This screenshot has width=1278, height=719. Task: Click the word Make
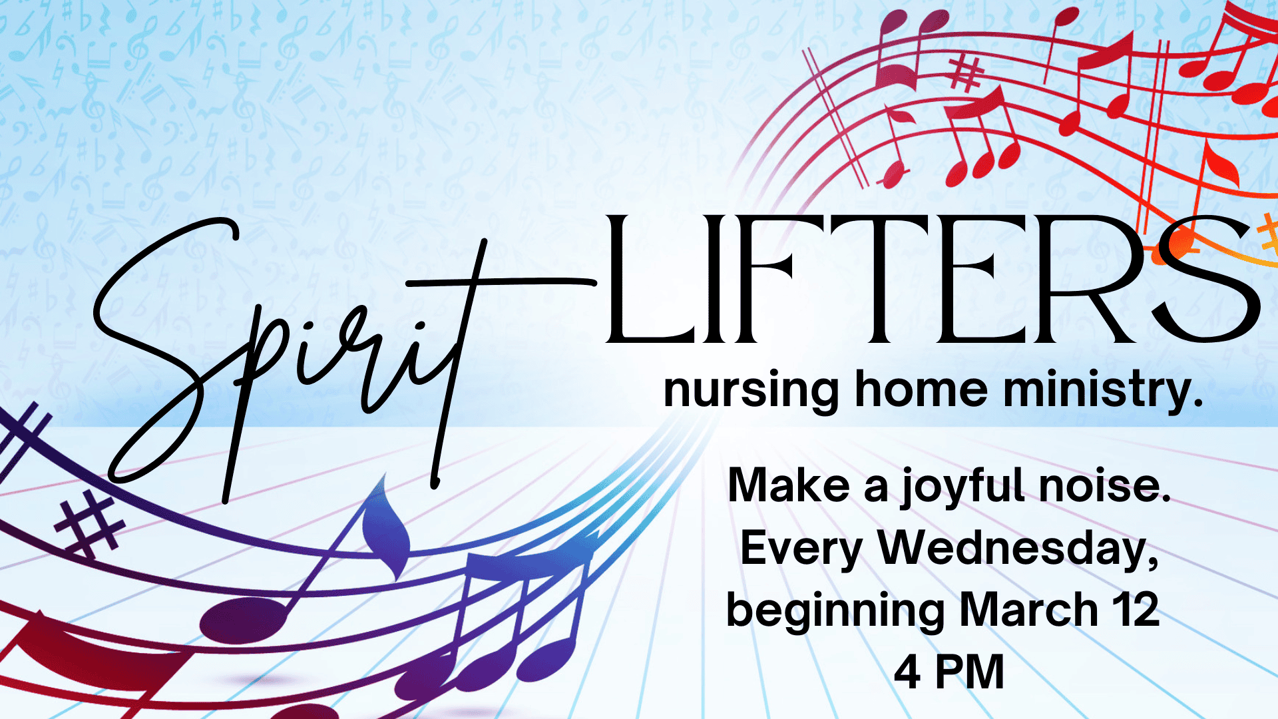coord(789,485)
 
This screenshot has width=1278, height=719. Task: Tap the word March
coord(1029,610)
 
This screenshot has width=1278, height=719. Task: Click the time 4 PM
coord(949,672)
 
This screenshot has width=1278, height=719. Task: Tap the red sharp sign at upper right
coord(966,73)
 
